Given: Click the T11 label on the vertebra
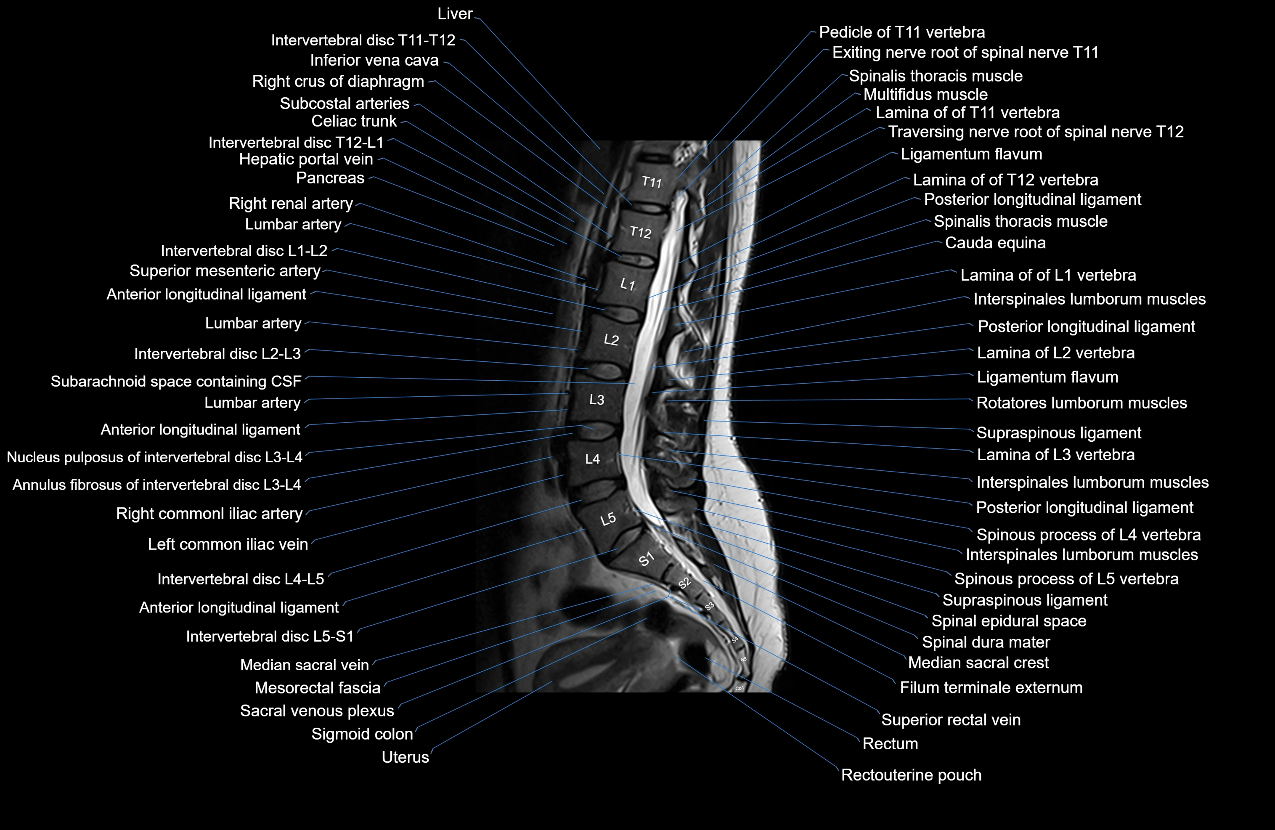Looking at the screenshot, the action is click(x=652, y=182).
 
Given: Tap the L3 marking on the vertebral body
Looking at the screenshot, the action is click(x=597, y=400).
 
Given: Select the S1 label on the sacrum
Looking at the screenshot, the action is click(x=647, y=559).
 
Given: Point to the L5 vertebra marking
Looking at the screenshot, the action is click(x=608, y=519).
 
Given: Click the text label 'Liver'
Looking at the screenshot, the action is click(x=455, y=14).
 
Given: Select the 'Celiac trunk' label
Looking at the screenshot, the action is click(x=354, y=121).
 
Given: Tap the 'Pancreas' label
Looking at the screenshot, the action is click(x=330, y=178).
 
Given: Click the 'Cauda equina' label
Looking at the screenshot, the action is click(x=995, y=243).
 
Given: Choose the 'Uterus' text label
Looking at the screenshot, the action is click(x=405, y=757).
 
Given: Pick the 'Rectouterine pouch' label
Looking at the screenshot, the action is click(x=911, y=775).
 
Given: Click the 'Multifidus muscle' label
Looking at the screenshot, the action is click(x=925, y=94).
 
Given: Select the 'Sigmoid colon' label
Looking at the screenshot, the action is click(x=362, y=734).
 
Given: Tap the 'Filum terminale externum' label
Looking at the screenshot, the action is click(x=991, y=687).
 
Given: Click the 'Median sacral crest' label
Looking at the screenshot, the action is click(x=978, y=663).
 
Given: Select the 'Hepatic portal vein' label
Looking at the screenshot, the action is click(x=306, y=159).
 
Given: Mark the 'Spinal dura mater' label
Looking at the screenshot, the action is click(x=986, y=642).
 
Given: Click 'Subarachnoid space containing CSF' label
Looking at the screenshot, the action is click(x=176, y=382).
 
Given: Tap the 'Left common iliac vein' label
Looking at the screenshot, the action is click(x=228, y=544).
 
